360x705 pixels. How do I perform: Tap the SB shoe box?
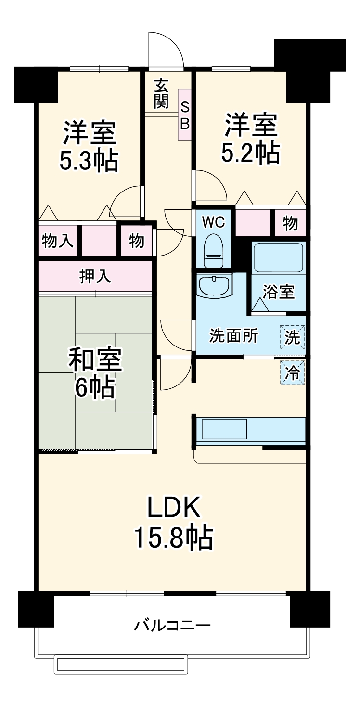tap(185, 115)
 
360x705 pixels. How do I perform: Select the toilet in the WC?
tap(213, 250)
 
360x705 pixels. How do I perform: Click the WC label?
tap(213, 222)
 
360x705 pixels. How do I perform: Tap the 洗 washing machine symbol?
tap(292, 337)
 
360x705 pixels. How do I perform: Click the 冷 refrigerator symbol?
tap(292, 372)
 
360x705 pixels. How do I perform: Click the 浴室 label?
tap(278, 292)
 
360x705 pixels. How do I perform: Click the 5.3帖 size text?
tap(89, 162)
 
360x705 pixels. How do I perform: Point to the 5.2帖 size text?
tap(250, 154)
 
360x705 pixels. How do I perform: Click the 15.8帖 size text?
tap(173, 538)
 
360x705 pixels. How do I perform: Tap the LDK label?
tap(173, 507)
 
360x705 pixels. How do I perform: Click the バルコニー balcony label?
tap(172, 626)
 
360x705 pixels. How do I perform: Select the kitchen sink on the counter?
tap(224, 429)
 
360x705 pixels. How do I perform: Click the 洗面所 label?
tap(233, 336)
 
